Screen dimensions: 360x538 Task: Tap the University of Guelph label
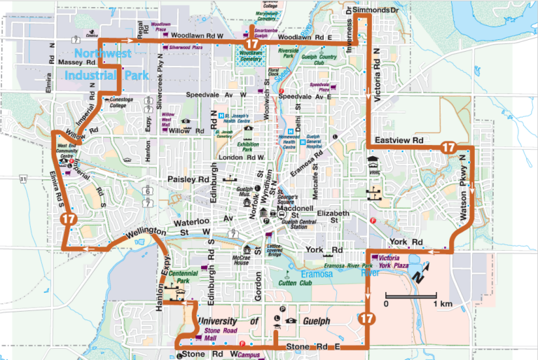point(238,321)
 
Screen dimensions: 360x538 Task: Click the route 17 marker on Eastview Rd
point(448,148)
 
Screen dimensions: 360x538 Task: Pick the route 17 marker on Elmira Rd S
point(68,219)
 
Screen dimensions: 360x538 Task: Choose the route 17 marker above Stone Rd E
point(366,319)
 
